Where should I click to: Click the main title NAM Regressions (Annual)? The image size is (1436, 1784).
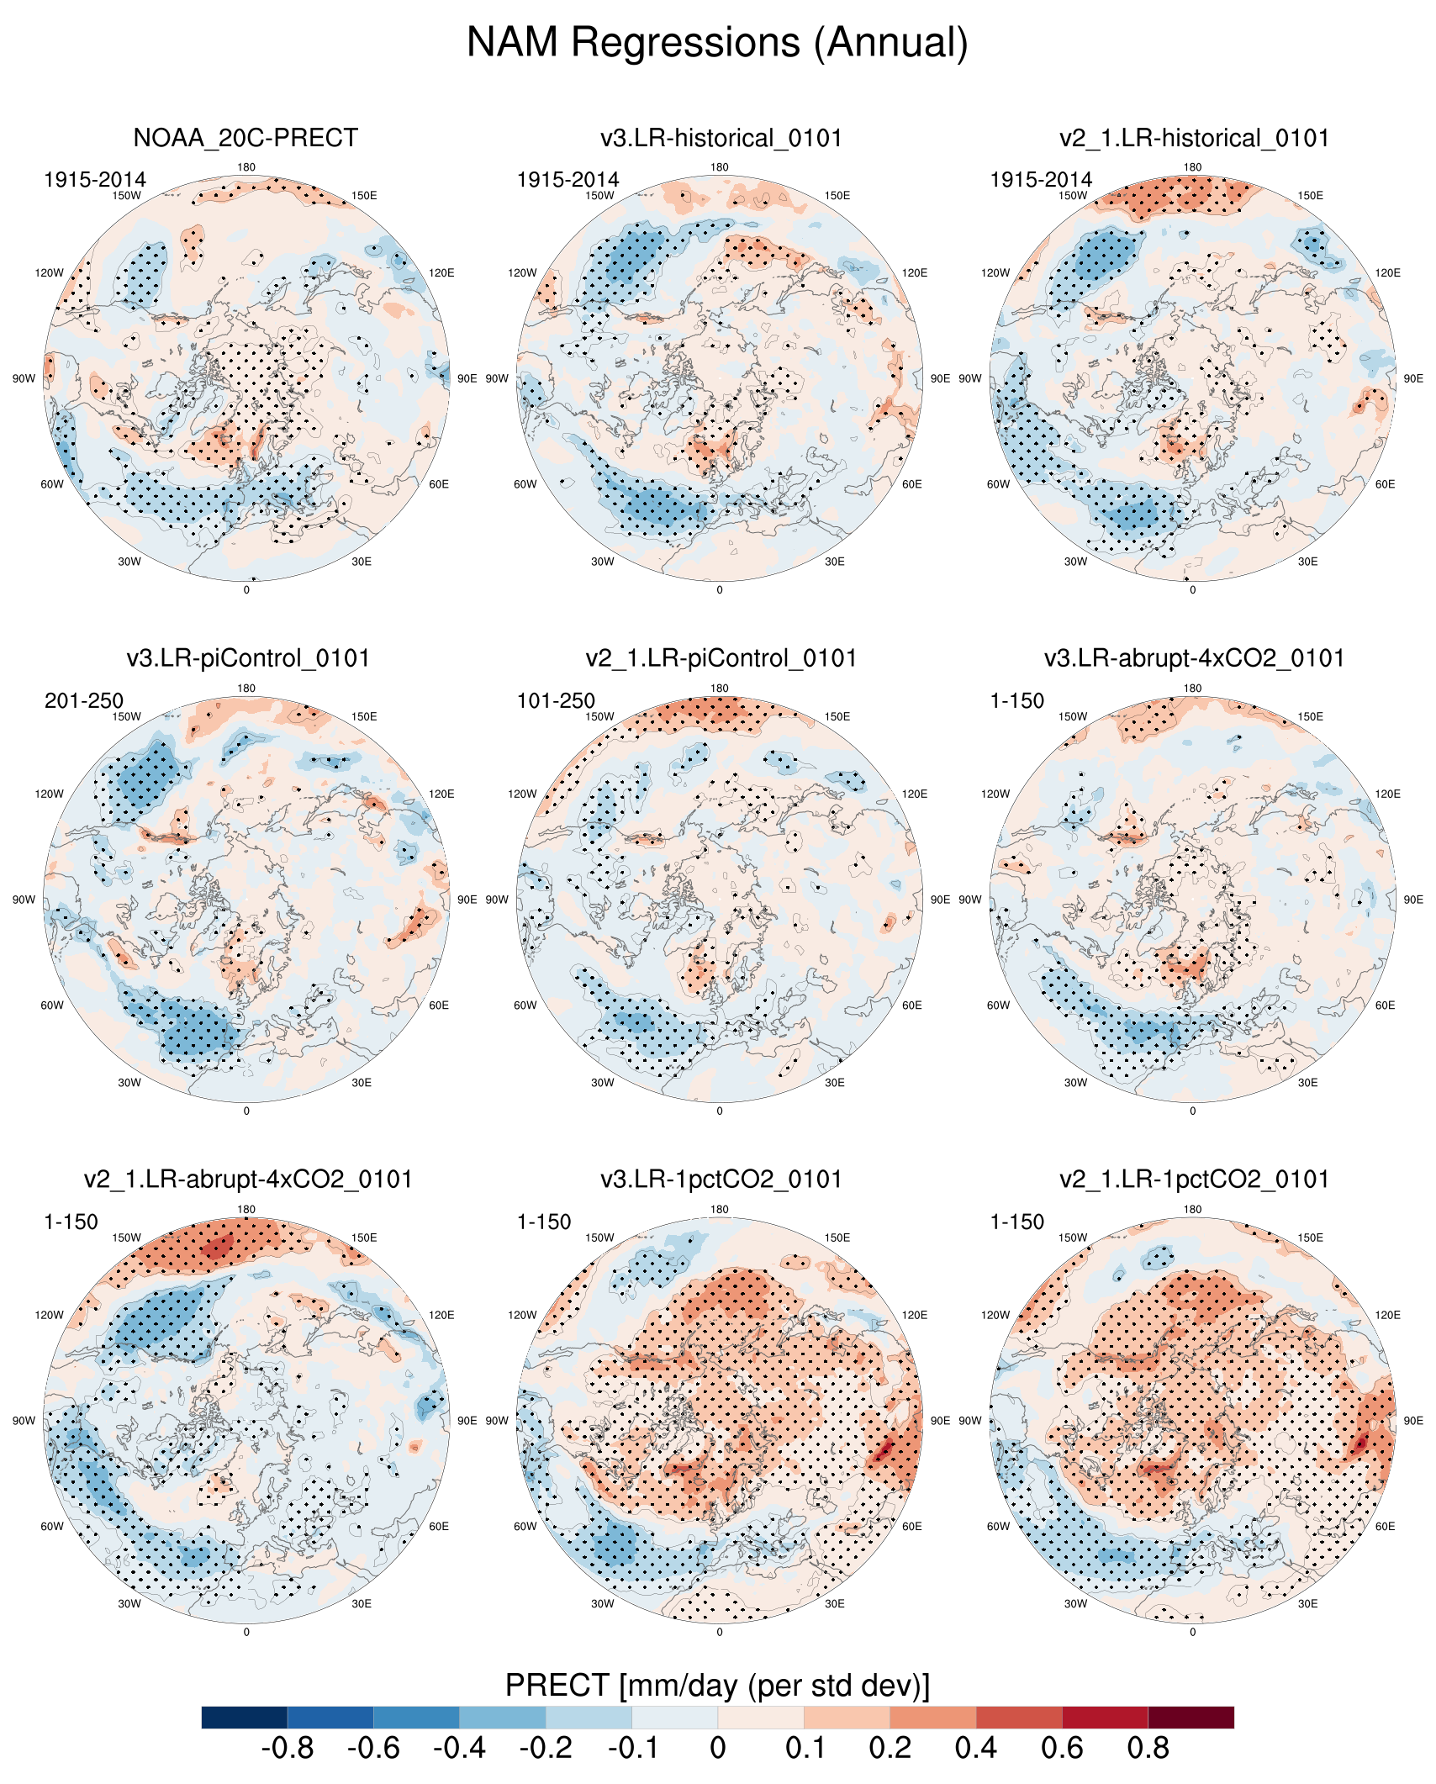(x=717, y=42)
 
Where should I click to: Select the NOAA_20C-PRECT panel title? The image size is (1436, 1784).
(x=245, y=138)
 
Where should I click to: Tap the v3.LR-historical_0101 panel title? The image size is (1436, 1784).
(x=721, y=138)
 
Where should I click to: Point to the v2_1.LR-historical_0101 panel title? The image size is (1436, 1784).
(x=1194, y=138)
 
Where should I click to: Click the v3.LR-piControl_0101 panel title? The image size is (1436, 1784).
(x=248, y=658)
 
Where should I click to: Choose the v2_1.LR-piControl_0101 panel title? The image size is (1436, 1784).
(x=721, y=658)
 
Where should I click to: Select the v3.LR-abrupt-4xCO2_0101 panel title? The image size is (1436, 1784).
(x=1194, y=658)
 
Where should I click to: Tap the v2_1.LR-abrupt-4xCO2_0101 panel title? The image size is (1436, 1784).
(x=248, y=1180)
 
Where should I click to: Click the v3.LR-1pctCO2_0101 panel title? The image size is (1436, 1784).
(x=721, y=1180)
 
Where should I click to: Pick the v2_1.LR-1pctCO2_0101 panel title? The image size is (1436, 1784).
(x=1194, y=1180)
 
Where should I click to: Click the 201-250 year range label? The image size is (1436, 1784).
(x=84, y=700)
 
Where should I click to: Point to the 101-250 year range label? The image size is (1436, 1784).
(x=556, y=700)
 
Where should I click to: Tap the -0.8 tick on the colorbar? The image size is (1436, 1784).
(x=288, y=1748)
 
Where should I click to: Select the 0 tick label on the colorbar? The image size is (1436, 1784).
(x=717, y=1748)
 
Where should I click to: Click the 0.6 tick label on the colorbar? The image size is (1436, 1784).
(x=1062, y=1748)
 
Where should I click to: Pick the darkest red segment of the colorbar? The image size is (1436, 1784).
(x=1191, y=1717)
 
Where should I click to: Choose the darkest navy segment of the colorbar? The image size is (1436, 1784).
(x=245, y=1717)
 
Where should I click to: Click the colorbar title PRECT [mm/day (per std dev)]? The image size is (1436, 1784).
(x=717, y=1685)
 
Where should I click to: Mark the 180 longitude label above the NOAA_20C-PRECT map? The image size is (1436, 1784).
(x=246, y=167)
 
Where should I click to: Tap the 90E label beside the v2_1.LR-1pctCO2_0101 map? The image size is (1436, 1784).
(x=1413, y=1421)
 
